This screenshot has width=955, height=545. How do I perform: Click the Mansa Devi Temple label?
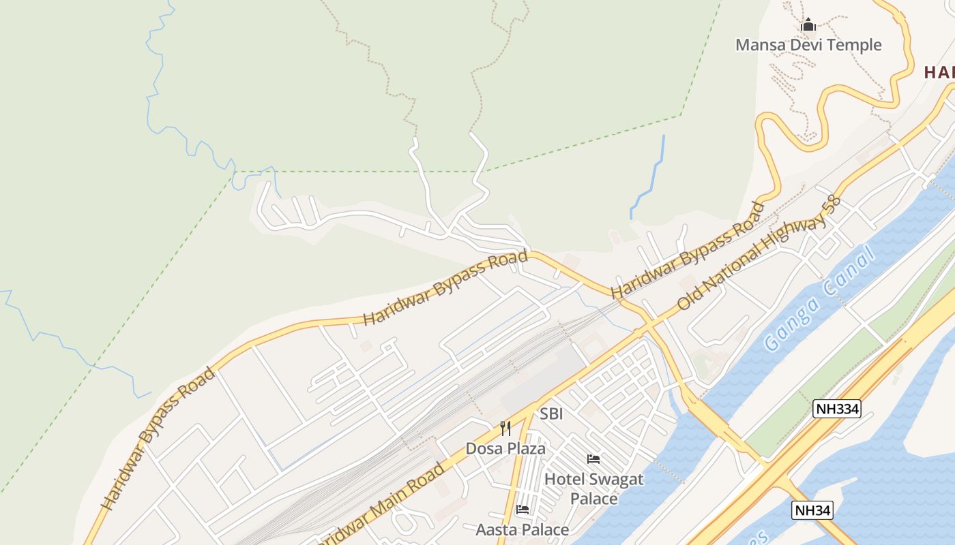tap(808, 45)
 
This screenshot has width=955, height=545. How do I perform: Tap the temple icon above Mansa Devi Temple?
tap(808, 26)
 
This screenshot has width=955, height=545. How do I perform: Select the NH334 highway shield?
tap(836, 409)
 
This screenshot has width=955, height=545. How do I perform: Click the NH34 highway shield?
tap(812, 510)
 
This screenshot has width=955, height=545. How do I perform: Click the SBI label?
tap(551, 414)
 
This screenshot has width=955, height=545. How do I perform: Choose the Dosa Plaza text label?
tap(505, 448)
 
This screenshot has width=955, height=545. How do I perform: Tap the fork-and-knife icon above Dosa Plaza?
tap(505, 428)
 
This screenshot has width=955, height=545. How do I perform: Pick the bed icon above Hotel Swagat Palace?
tap(593, 459)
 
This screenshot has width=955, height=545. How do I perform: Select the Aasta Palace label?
tap(522, 529)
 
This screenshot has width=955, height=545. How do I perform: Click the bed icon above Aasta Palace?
tap(522, 510)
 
